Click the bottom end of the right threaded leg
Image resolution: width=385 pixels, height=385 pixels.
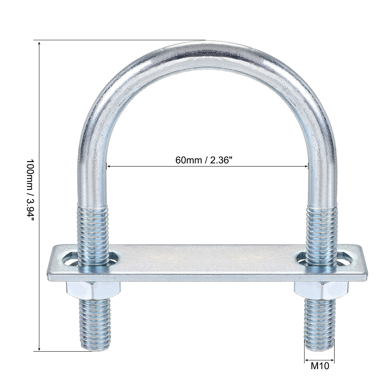[320, 349]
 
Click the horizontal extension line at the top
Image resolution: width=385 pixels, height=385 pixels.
[121, 40]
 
